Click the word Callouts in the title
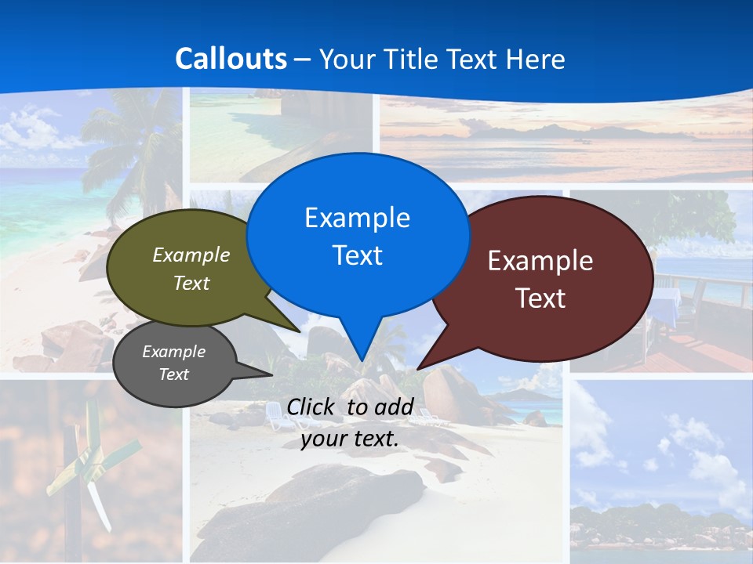[x=231, y=59]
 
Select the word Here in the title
[x=537, y=59]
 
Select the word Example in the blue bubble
[x=358, y=218]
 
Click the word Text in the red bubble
[x=540, y=298]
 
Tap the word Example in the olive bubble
[x=191, y=255]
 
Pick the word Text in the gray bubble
[x=174, y=374]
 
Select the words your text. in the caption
[x=350, y=439]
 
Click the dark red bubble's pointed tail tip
[x=418, y=367]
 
